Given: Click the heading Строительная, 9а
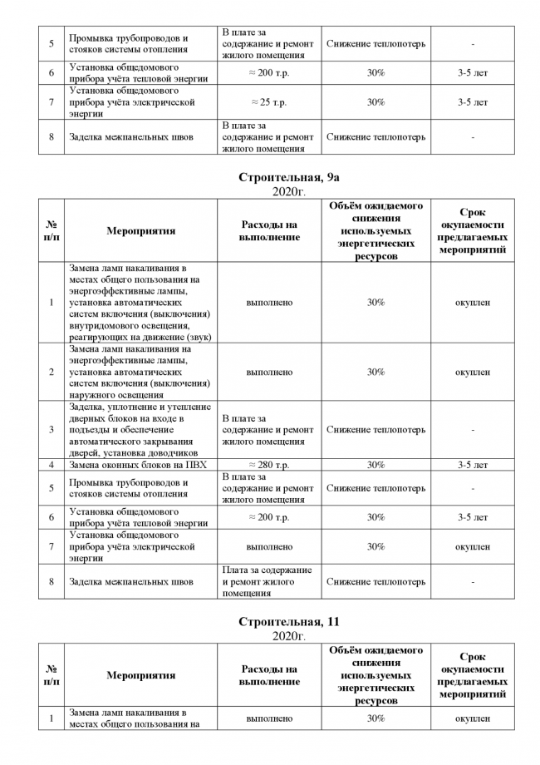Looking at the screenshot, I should (289, 178).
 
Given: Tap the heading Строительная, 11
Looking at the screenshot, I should (289, 622).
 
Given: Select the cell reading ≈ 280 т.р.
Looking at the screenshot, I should (269, 465).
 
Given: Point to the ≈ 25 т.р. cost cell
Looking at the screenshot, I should (269, 102).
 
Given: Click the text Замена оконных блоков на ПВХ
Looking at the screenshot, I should (138, 465).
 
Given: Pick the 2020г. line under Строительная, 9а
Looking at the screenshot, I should (289, 192).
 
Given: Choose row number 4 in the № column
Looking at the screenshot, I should (52, 465).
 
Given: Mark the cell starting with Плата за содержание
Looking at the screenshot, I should (268, 582).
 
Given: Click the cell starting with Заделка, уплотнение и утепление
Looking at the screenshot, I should (140, 430).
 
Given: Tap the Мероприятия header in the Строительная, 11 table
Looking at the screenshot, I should (140, 675).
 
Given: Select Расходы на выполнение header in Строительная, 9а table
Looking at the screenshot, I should (269, 231).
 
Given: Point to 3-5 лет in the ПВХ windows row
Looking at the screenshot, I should (472, 465).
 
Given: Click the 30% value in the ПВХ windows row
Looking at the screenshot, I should (376, 465).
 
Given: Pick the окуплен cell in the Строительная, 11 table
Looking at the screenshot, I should (472, 718).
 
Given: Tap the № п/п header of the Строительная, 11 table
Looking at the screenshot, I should (52, 675).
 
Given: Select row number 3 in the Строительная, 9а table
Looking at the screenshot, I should (52, 430).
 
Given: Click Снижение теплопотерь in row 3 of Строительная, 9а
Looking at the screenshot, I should (376, 430).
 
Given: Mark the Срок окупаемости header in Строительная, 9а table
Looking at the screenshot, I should (472, 231).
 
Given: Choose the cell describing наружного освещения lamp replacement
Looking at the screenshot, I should (140, 373).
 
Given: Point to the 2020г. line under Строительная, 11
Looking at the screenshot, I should (289, 636).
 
